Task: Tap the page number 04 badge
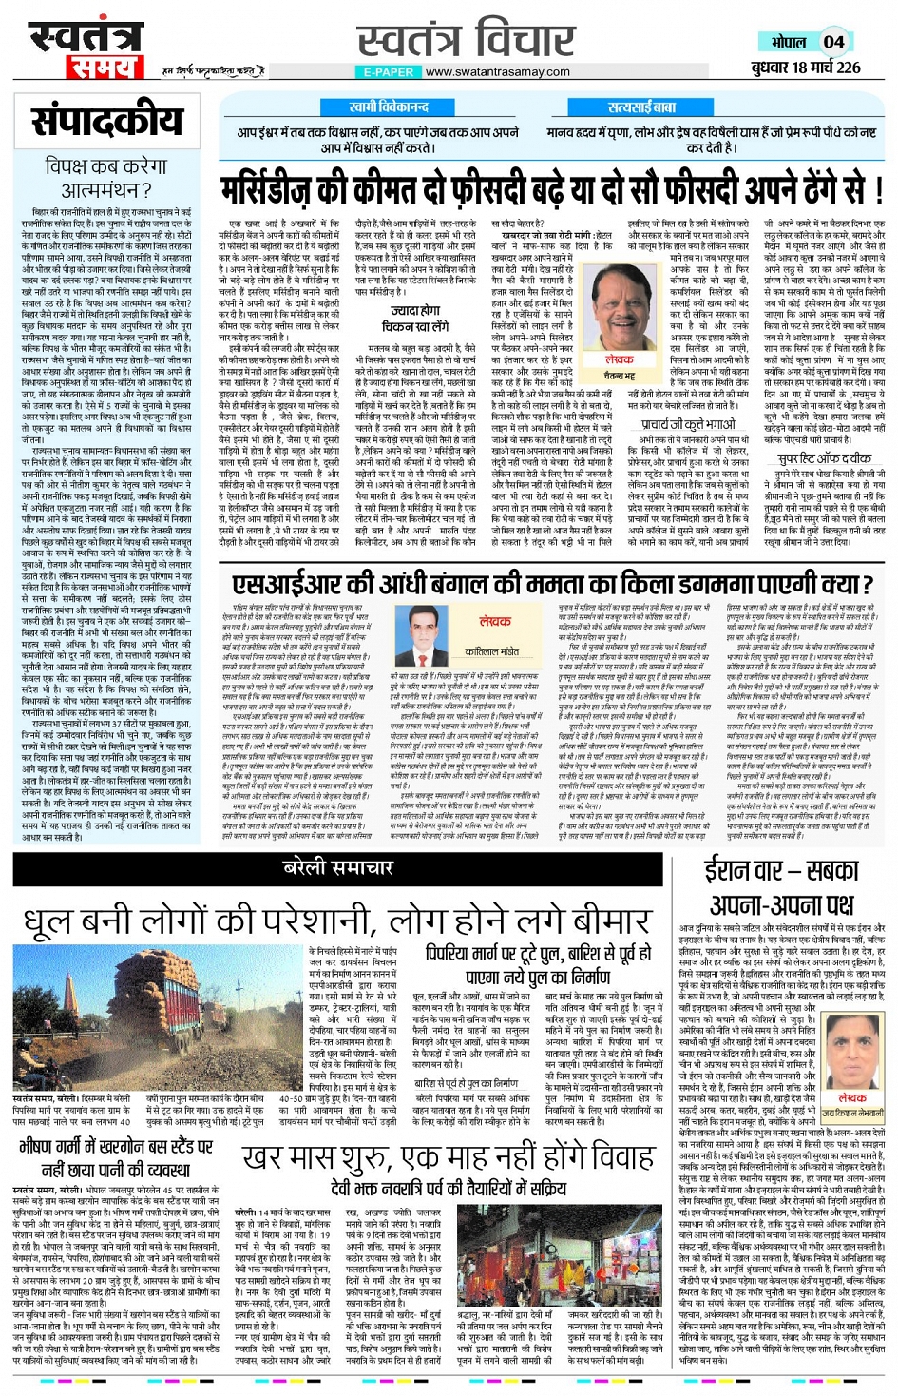tap(833, 42)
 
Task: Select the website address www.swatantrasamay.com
tap(497, 71)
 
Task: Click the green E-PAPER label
tap(389, 71)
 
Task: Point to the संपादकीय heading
tap(106, 122)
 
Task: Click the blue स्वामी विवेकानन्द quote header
tap(388, 107)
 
